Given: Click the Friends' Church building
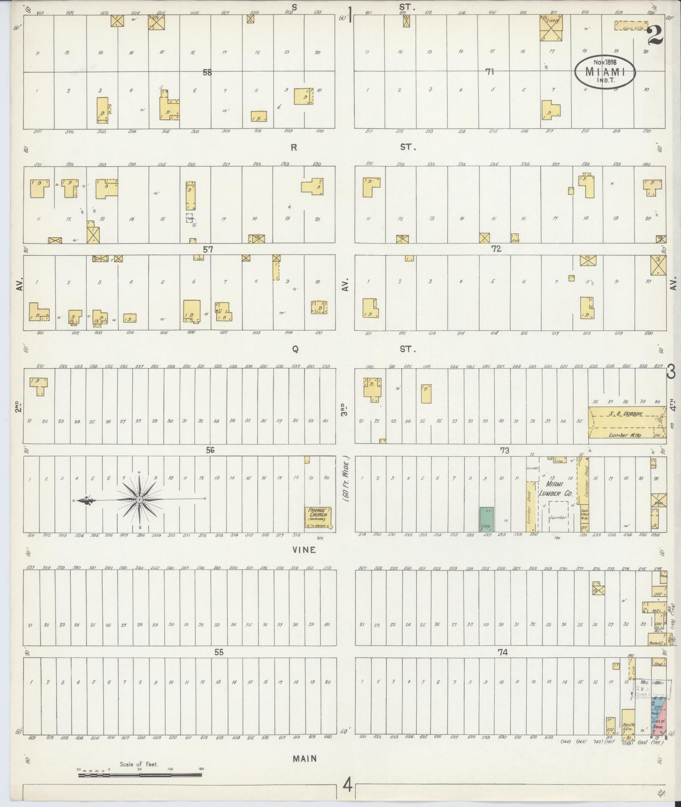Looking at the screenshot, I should pos(319,518).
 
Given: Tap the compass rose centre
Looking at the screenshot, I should pos(139,499).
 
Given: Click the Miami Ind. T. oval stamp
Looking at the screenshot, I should pos(605,72).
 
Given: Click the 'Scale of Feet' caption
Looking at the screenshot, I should pos(138,764).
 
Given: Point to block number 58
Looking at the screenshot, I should pos(207,73).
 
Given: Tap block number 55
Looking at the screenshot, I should pos(218,652).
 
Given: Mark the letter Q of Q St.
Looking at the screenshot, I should pos(295,349).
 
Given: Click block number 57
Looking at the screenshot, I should pos(208,249).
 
